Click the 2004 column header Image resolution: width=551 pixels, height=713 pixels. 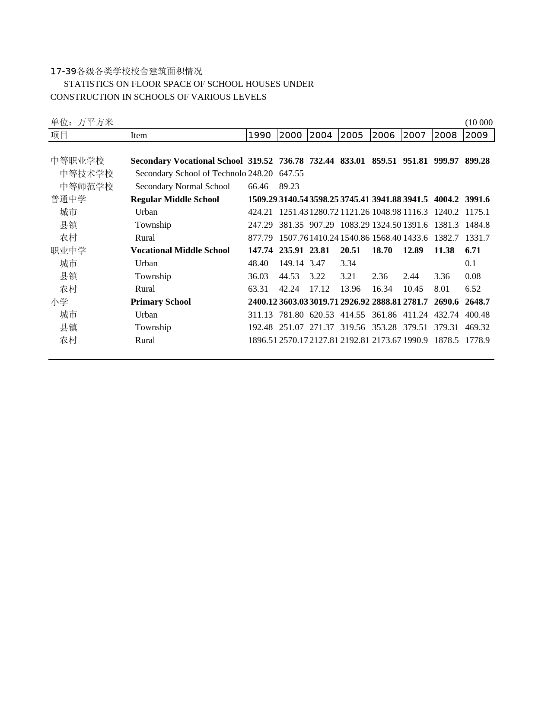pyautogui.click(x=321, y=135)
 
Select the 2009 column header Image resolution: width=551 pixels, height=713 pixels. pyautogui.click(x=477, y=135)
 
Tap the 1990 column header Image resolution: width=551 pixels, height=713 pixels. pyautogui.click(x=260, y=135)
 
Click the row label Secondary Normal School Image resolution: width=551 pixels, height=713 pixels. pyautogui.click(x=182, y=186)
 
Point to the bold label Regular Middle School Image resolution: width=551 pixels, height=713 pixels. pyautogui.click(x=175, y=199)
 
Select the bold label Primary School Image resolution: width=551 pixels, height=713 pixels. pyautogui.click(x=160, y=302)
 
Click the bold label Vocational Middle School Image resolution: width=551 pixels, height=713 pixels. pyautogui.click(x=180, y=250)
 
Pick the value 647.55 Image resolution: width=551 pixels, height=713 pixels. pyautogui.click(x=291, y=173)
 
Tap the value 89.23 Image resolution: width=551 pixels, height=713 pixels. pyautogui.click(x=289, y=186)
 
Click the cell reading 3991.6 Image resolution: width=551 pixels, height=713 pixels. pyautogui.click(x=477, y=199)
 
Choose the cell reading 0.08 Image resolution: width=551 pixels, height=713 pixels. pyautogui.click(x=473, y=276)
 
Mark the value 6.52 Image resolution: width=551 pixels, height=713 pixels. pyautogui.click(x=473, y=289)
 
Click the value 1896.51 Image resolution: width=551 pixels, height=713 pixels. pyautogui.click(x=262, y=340)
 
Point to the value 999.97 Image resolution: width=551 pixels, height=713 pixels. pyautogui.click(x=446, y=161)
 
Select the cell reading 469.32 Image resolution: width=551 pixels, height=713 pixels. pyautogui.click(x=477, y=327)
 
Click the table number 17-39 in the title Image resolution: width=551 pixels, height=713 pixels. pyautogui.click(x=63, y=71)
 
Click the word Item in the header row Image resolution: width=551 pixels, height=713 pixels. pyautogui.click(x=139, y=135)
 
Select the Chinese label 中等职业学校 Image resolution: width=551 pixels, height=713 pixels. pyautogui.click(x=78, y=161)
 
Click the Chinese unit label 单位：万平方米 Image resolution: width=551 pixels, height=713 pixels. pyautogui.click(x=82, y=122)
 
